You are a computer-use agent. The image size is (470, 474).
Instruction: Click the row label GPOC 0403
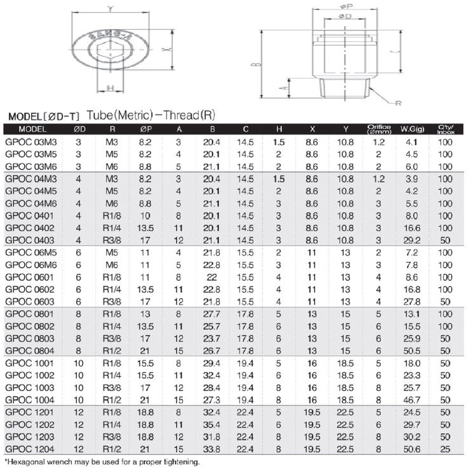point(30,240)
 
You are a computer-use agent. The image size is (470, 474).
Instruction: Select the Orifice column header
point(379,129)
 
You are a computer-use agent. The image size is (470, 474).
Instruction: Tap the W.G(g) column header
point(412,129)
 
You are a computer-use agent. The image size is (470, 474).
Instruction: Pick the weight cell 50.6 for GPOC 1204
point(412,449)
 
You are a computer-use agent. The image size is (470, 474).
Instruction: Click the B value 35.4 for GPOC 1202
point(211,424)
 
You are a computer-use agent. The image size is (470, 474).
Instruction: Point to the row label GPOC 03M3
point(31,142)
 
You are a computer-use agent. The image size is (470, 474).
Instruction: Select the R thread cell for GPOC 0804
point(112,351)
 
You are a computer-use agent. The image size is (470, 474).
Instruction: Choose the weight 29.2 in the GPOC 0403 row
point(412,240)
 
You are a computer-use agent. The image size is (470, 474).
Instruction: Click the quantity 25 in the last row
point(445,449)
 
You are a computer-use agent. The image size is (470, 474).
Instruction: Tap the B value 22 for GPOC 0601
point(211,277)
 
